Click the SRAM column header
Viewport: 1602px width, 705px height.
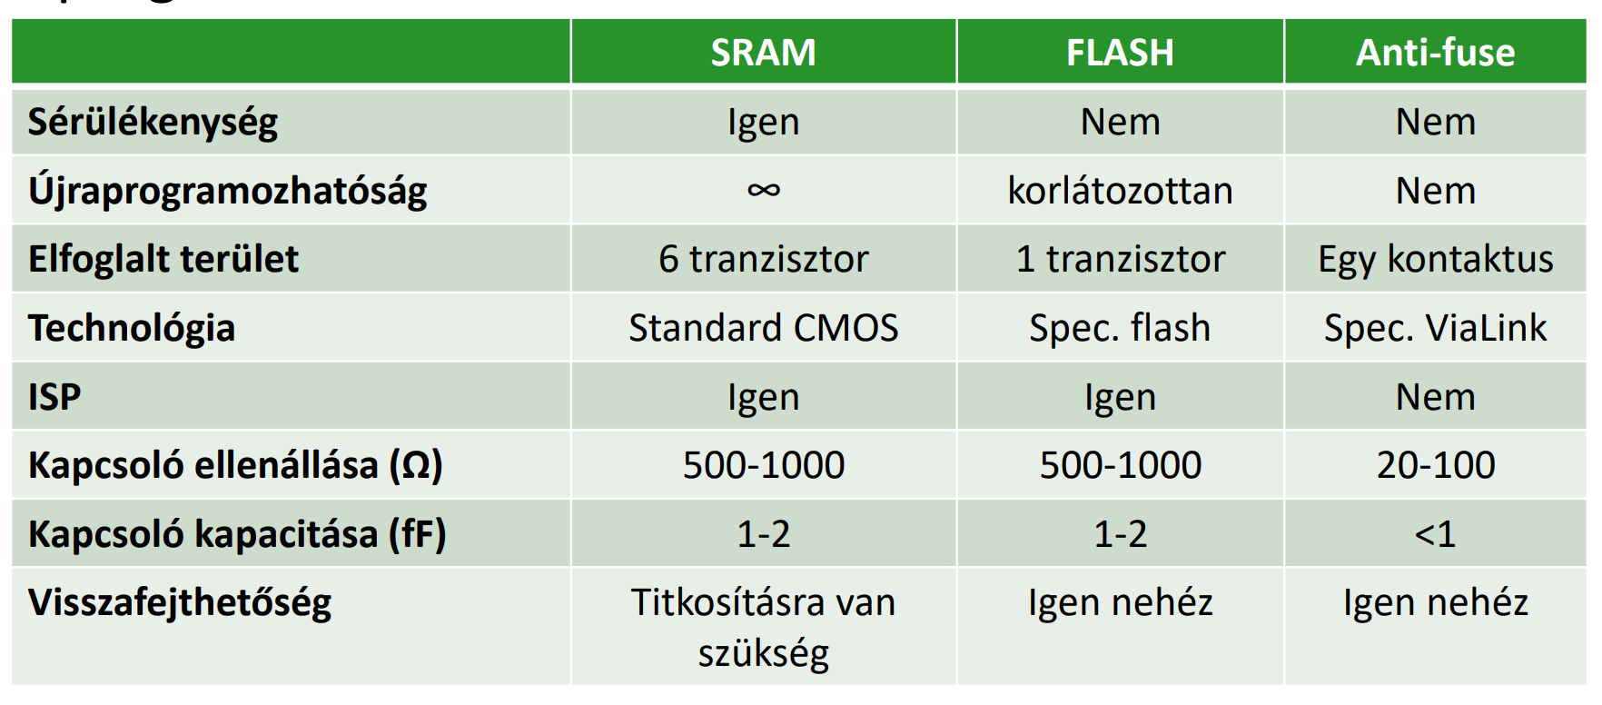(763, 53)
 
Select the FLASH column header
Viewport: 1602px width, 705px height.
(1120, 53)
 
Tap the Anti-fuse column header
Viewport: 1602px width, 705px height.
(1435, 53)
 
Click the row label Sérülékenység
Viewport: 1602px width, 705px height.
(153, 123)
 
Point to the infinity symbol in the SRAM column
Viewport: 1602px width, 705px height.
(763, 190)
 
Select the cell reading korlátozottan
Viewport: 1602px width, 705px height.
(1120, 191)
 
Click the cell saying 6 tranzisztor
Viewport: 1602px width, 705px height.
(763, 259)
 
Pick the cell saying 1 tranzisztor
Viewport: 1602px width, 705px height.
(1120, 259)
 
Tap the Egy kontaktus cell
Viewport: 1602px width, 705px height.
(1435, 260)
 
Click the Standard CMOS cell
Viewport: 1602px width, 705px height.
(763, 328)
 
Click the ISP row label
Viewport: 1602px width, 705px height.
(54, 397)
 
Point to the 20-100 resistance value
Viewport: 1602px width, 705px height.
(1435, 465)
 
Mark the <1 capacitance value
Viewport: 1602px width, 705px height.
(1435, 534)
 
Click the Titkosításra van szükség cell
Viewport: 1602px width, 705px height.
(763, 628)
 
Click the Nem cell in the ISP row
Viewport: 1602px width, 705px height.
(1435, 397)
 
